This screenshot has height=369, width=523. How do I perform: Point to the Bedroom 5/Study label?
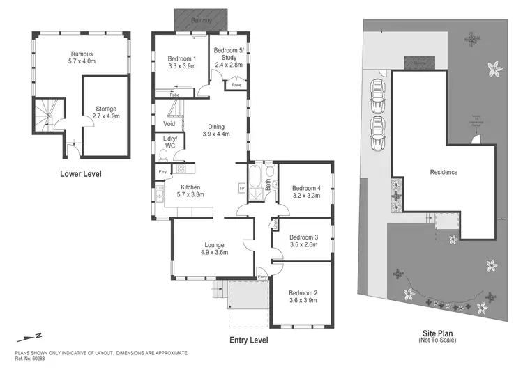pos(227,56)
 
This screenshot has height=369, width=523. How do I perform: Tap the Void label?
pos(169,123)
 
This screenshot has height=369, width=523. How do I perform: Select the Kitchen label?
pos(191,191)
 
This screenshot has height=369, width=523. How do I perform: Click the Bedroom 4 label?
pos(305,191)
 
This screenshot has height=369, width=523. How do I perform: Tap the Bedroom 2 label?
pos(304,297)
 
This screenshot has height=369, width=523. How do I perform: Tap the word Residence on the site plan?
pos(444,172)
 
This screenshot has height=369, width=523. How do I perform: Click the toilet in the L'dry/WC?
pos(161,157)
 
